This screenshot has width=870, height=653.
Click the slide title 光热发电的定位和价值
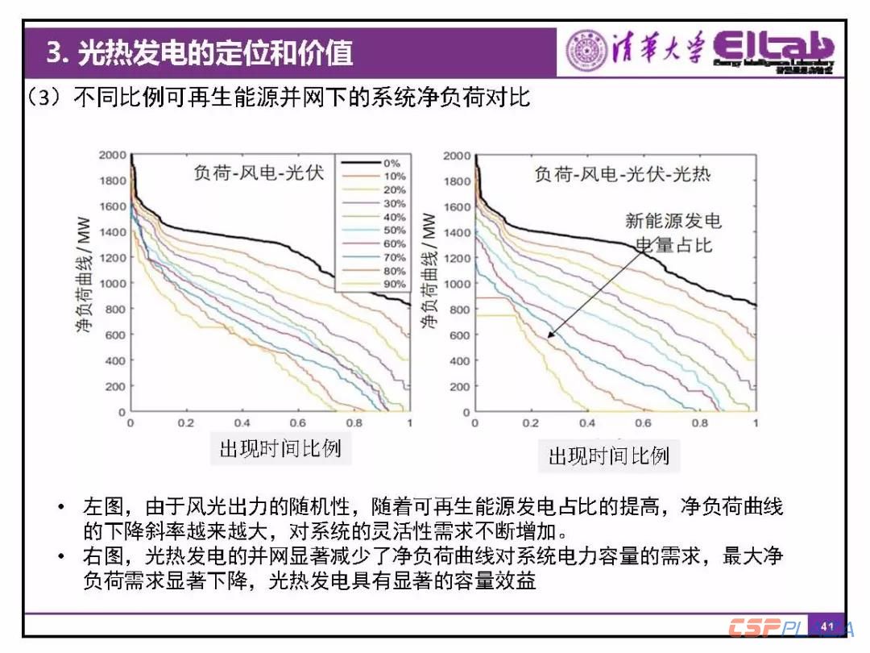coord(215,53)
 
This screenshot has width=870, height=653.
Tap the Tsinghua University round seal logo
coord(586,51)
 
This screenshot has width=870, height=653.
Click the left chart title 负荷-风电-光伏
coord(258,173)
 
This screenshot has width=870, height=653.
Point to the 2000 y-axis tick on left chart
coord(113,155)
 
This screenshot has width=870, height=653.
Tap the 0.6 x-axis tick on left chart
coord(298,423)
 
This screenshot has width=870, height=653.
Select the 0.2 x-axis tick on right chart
coord(531,423)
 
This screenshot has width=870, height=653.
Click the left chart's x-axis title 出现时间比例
coord(280,449)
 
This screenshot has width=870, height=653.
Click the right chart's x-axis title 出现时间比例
coord(609,456)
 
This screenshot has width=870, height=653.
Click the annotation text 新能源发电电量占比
coord(673,233)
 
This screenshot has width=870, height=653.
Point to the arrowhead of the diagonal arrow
coord(548,335)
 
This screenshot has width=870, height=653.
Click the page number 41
coord(827,626)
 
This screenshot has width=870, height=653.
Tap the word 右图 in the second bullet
coord(102,556)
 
